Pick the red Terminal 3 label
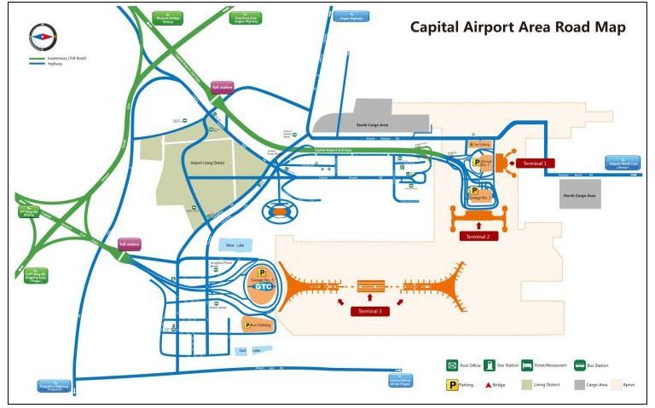370,311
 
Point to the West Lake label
236,244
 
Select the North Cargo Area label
580,195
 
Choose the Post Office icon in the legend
451,365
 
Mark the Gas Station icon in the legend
490,365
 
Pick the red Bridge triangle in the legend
490,384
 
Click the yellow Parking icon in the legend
451,384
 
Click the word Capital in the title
438,27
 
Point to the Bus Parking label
261,324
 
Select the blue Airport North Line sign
623,163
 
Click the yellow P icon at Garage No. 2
473,191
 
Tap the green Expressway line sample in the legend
40,59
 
